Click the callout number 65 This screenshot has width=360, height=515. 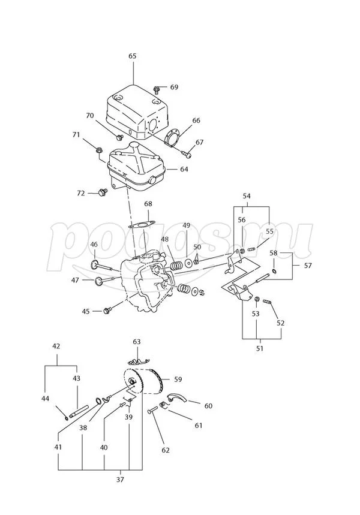click(x=133, y=56)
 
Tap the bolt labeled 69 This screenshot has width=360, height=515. click(x=156, y=90)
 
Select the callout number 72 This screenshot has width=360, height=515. click(x=81, y=193)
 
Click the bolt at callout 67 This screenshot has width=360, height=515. click(x=188, y=153)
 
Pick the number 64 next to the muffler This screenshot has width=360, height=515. click(x=184, y=169)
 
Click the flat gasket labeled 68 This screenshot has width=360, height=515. click(x=142, y=225)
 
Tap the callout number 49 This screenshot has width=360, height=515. click(x=187, y=225)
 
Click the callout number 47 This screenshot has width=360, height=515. click(x=75, y=280)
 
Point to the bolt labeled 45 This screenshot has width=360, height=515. click(x=109, y=311)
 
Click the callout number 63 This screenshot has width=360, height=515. click(x=137, y=342)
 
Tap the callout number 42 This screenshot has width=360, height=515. click(x=57, y=346)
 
